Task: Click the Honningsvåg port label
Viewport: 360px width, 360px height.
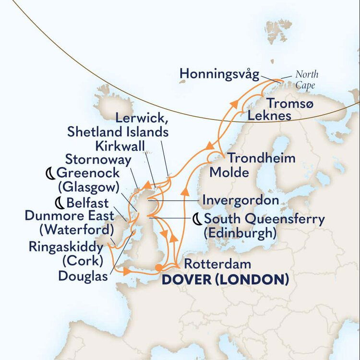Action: (x=219, y=74)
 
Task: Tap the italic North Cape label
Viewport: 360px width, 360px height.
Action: (x=306, y=80)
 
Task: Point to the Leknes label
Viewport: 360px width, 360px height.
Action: (x=269, y=116)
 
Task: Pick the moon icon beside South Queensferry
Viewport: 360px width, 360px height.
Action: (x=197, y=219)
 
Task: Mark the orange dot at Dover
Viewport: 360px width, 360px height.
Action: (x=159, y=268)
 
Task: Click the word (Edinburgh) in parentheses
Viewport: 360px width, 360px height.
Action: (x=240, y=233)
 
